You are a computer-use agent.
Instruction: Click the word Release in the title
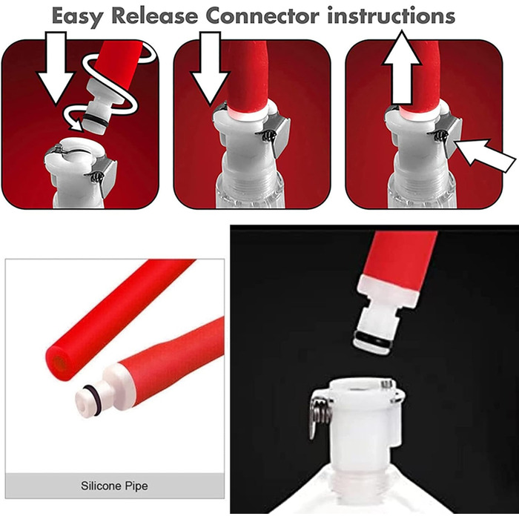coord(155,16)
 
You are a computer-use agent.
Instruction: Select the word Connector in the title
coord(262,16)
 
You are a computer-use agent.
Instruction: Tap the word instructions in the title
coord(391,16)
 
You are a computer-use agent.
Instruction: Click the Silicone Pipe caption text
coord(114,486)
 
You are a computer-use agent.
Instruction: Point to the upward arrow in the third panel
coord(402,68)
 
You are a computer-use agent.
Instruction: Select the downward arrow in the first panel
coord(56,68)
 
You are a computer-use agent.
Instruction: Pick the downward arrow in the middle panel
coord(211,68)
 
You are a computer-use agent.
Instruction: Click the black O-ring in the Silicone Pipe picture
coord(93,400)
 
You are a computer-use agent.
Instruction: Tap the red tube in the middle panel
coord(247,77)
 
